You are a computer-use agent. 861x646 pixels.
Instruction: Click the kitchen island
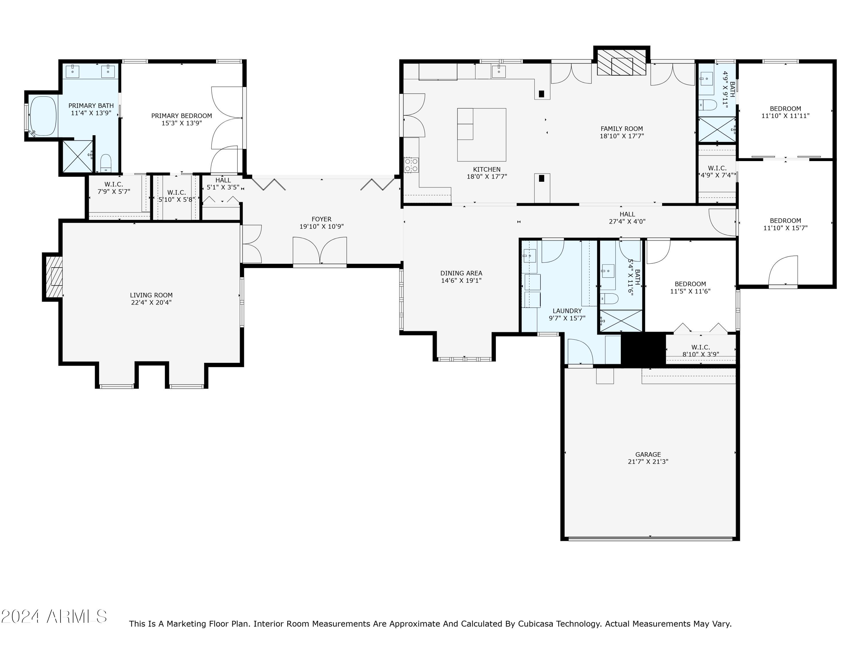(x=482, y=135)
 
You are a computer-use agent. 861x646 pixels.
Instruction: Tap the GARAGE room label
(x=648, y=454)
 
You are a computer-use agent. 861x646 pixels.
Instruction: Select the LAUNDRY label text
(x=567, y=311)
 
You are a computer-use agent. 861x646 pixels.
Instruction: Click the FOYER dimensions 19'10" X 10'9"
(x=321, y=227)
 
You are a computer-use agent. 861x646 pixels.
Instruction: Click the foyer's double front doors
(x=319, y=252)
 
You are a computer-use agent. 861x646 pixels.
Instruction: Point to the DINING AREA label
(x=461, y=273)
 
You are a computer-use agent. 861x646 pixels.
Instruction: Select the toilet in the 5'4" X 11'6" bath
(x=609, y=299)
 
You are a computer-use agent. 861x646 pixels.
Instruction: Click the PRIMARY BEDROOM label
(x=181, y=116)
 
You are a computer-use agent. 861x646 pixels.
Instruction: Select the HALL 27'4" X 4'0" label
(x=627, y=218)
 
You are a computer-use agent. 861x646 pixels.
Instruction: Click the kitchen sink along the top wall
(x=499, y=71)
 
